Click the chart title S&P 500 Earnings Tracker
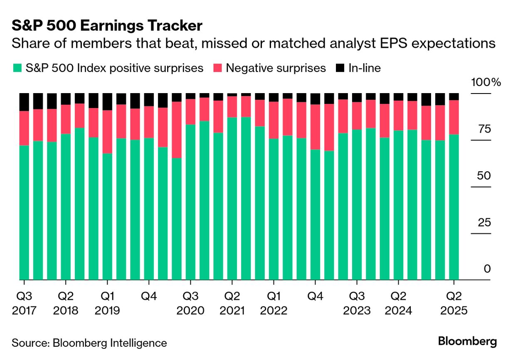(x=107, y=26)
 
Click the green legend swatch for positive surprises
(x=17, y=68)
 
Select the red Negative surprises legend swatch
(x=218, y=68)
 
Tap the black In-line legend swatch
(x=340, y=68)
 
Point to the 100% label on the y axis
(x=486, y=82)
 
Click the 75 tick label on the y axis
(x=483, y=129)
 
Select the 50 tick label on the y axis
(x=483, y=176)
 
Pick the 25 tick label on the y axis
(x=483, y=223)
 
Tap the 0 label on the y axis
(x=487, y=269)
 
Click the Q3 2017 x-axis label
(x=25, y=303)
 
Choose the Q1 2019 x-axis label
(x=107, y=303)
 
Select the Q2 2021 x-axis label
(x=232, y=303)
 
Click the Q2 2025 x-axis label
(x=454, y=303)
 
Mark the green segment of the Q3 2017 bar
(x=25, y=212)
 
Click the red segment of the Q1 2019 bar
(x=107, y=131)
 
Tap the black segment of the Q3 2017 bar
(x=25, y=102)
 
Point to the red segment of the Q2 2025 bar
(x=454, y=117)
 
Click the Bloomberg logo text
(x=467, y=342)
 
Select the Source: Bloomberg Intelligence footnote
(x=89, y=343)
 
